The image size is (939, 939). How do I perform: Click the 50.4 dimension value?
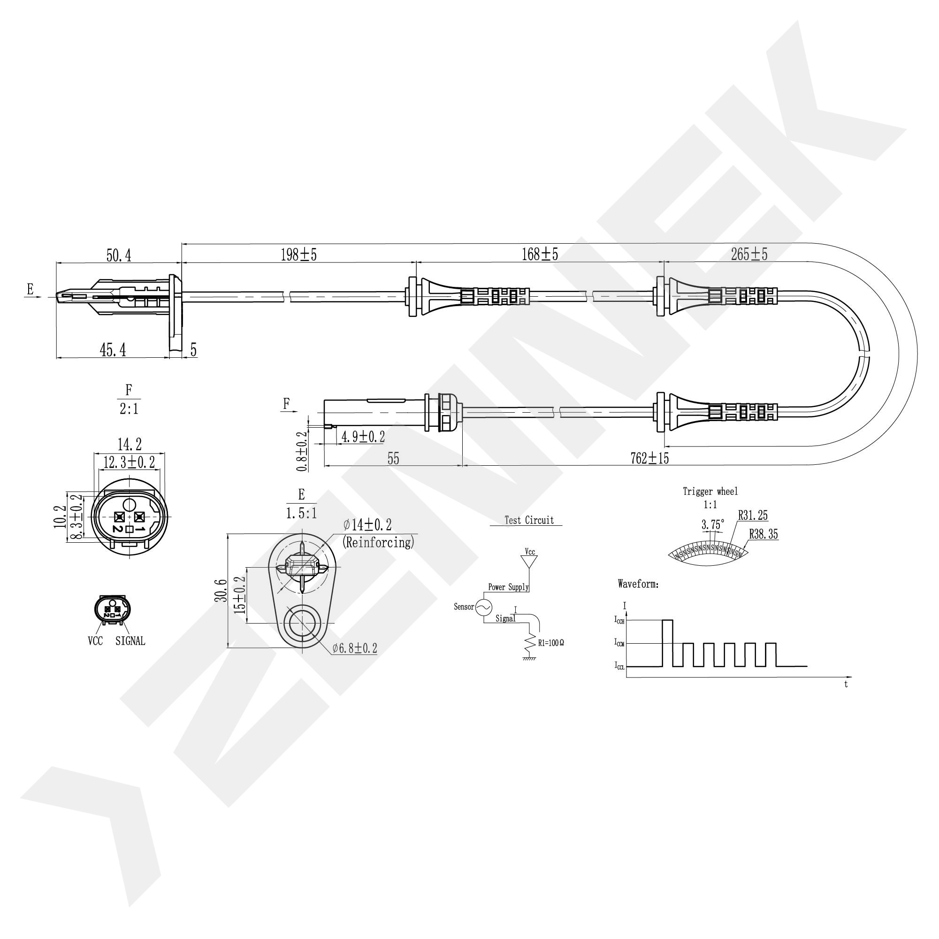pos(119,255)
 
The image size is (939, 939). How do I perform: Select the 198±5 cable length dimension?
pos(298,254)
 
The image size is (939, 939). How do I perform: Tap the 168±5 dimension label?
pos(540,254)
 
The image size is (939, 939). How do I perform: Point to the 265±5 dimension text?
pos(749,254)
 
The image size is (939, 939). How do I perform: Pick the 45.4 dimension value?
pos(113,350)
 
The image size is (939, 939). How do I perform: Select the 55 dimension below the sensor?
pos(393,459)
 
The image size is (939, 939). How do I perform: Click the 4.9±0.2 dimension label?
pos(363,437)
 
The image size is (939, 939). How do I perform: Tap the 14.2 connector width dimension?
pos(130,444)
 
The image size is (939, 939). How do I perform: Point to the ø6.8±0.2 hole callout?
pos(355,648)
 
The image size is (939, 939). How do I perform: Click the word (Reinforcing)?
pos(379,542)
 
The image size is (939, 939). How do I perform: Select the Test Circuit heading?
pos(529,520)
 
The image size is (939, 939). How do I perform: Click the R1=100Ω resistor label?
pos(550,643)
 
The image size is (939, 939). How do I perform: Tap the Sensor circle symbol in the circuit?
pos(484,607)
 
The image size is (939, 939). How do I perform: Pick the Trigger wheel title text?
pos(710,492)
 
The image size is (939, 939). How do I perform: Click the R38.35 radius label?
pos(763,534)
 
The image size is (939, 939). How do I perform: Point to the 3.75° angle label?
pos(712,525)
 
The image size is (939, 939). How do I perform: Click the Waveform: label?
pos(638,584)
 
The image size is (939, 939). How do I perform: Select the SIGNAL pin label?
pos(130,641)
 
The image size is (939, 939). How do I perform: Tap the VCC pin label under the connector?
pos(95,641)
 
